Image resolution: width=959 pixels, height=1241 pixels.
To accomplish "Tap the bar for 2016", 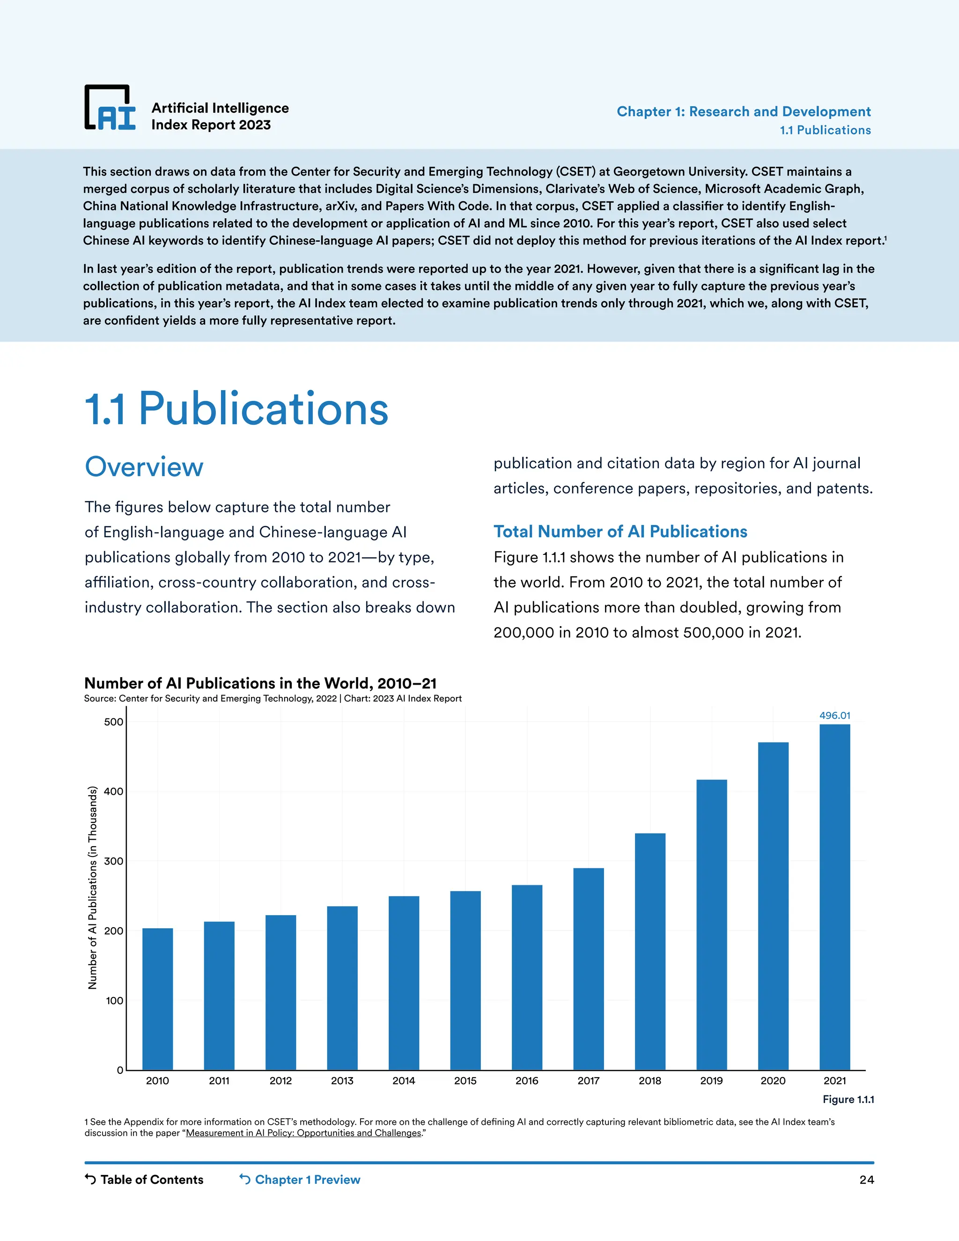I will [x=527, y=977].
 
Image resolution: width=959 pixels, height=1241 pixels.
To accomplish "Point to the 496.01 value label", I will [x=834, y=716].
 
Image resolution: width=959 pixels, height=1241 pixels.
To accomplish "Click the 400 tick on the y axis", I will [x=114, y=791].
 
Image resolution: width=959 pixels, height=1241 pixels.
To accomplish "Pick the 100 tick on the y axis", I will [x=114, y=1001].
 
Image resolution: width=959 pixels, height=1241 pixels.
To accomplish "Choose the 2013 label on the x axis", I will [x=342, y=1081].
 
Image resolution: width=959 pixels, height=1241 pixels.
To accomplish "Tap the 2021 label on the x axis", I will [x=834, y=1081].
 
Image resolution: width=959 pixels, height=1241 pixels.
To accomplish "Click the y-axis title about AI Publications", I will [x=93, y=888].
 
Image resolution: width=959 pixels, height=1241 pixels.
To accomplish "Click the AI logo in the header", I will [x=110, y=108].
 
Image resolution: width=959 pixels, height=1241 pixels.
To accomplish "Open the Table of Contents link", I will [x=144, y=1180].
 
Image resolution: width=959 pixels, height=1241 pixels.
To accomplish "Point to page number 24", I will [x=866, y=1180].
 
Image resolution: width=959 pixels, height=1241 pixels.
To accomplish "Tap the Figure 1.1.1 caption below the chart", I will [x=848, y=1100].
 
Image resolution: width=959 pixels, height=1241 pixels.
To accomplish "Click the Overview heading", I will [x=144, y=467].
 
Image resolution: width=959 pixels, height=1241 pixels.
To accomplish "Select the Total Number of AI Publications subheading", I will [x=620, y=532].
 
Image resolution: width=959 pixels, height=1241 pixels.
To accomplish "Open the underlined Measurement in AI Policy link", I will [x=303, y=1133].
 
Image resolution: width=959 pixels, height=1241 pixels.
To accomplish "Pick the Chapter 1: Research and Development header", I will [x=744, y=111].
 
